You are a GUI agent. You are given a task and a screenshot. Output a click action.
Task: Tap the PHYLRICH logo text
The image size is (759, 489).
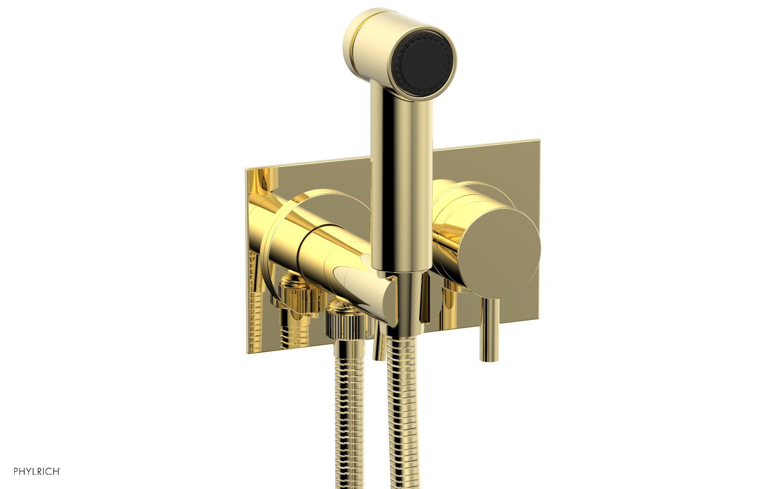pyautogui.click(x=37, y=471)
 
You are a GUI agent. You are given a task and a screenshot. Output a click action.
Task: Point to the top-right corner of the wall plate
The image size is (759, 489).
pyautogui.click(x=538, y=141)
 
